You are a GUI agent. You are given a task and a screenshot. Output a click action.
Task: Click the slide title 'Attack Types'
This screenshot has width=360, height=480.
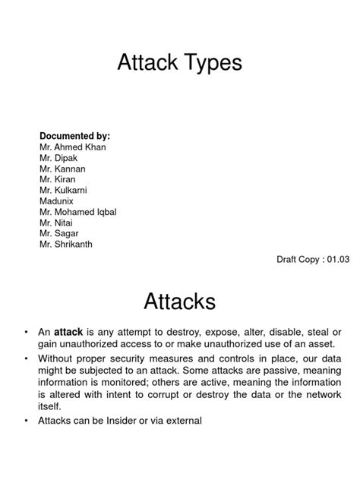click(179, 63)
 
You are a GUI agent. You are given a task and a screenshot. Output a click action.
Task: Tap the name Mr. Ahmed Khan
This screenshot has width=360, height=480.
click(73, 147)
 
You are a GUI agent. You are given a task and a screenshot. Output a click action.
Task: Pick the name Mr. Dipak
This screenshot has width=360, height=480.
click(60, 158)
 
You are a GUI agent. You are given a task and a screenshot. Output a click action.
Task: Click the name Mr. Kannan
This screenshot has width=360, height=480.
click(64, 169)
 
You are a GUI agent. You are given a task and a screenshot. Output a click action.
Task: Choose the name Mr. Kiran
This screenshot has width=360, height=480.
click(60, 180)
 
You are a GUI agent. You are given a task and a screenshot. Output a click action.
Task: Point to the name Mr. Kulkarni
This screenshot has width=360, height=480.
click(66, 191)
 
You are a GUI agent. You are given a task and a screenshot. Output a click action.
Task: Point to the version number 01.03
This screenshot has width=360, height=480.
click(336, 260)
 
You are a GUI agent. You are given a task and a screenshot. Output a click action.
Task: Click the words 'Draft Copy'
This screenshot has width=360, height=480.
click(295, 260)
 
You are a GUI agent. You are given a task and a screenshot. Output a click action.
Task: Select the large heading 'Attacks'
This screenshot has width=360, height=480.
click(180, 302)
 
